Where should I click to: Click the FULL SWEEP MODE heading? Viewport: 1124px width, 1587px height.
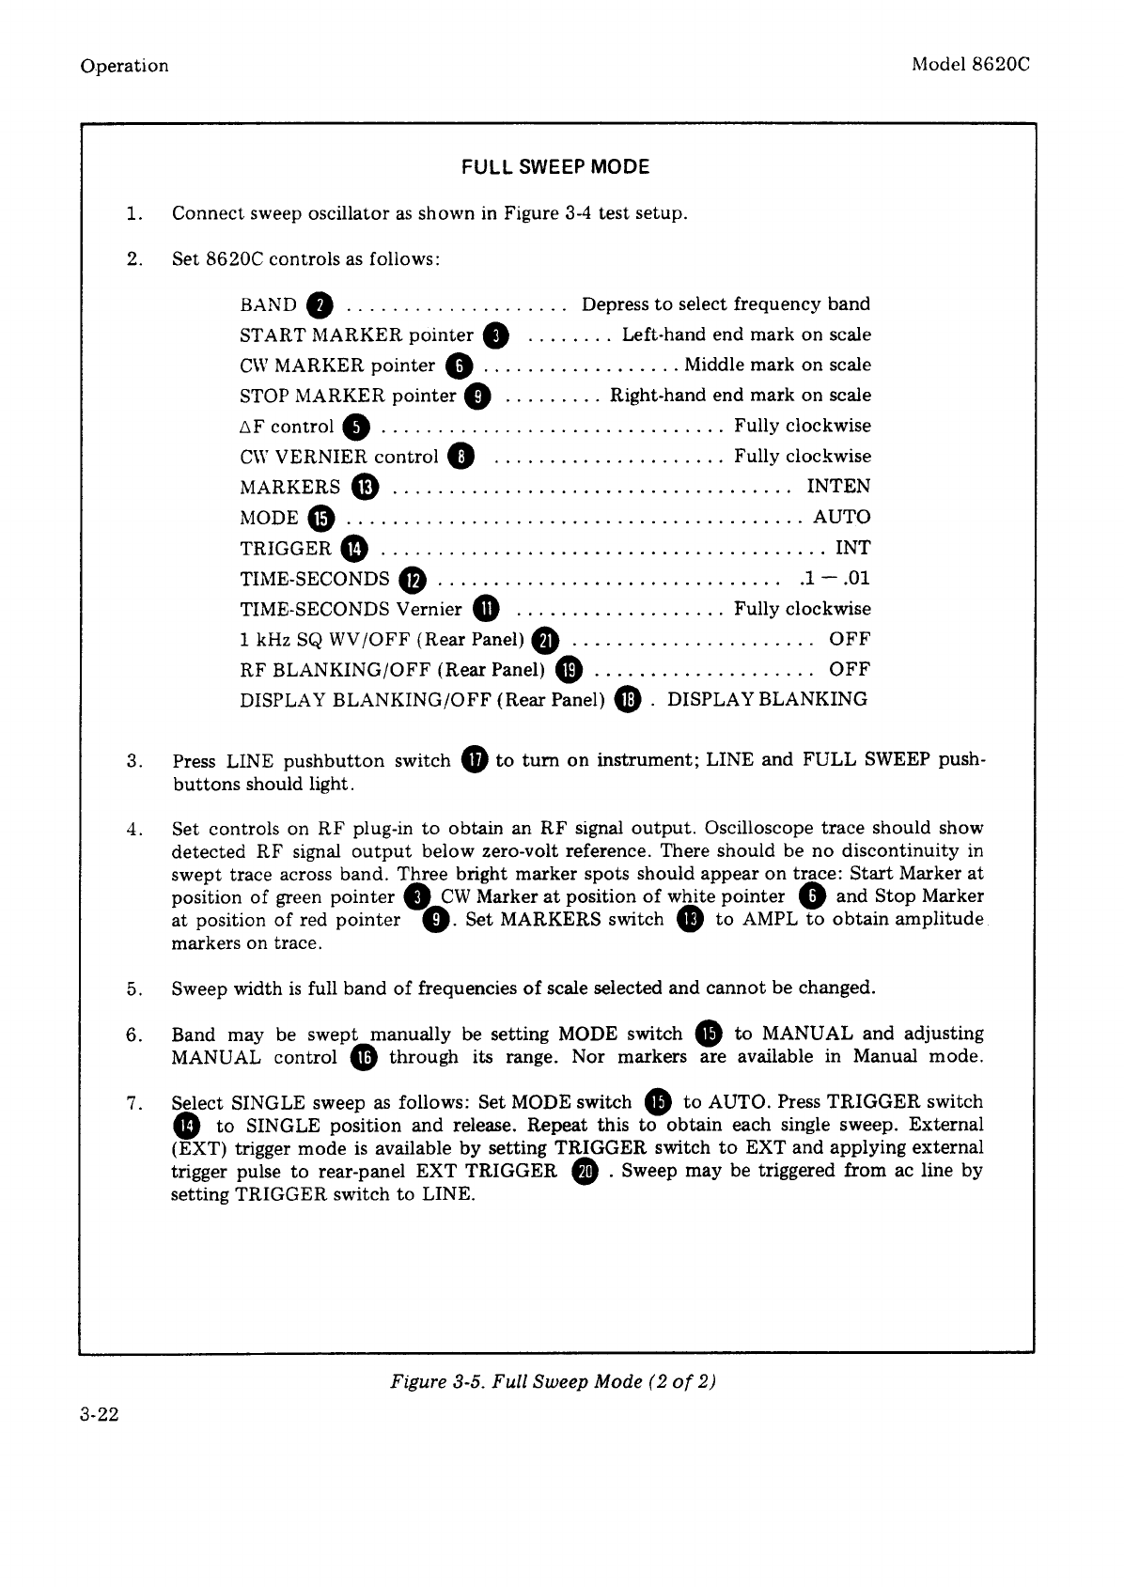(x=554, y=167)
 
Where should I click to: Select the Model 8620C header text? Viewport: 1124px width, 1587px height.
(x=971, y=65)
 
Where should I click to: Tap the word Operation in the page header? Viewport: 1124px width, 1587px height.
(x=124, y=66)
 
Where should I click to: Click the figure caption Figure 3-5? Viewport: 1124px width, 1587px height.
(x=554, y=1381)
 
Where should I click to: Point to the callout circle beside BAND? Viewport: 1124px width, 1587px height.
(x=320, y=305)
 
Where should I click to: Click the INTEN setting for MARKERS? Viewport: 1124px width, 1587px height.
(x=838, y=487)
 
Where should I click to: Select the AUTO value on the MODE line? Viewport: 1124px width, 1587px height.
(x=841, y=517)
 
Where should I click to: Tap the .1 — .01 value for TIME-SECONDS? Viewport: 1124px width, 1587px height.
(x=833, y=578)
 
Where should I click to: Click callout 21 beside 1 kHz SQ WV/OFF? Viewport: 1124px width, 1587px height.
(x=545, y=641)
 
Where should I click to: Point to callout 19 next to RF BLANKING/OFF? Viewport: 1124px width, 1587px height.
(x=570, y=670)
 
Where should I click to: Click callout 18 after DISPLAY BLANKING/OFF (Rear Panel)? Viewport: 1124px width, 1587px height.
(x=627, y=700)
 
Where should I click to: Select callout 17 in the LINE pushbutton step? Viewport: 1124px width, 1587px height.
(x=475, y=760)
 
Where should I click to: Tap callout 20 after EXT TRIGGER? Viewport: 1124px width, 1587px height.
(x=584, y=1172)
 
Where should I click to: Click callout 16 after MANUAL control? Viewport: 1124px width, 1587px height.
(x=364, y=1058)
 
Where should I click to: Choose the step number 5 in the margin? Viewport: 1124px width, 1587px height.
(x=133, y=988)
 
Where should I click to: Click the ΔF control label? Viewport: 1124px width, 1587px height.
(x=287, y=427)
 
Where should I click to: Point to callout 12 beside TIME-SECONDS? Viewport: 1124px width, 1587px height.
(x=414, y=580)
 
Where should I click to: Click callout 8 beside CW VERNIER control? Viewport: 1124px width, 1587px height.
(x=461, y=458)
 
